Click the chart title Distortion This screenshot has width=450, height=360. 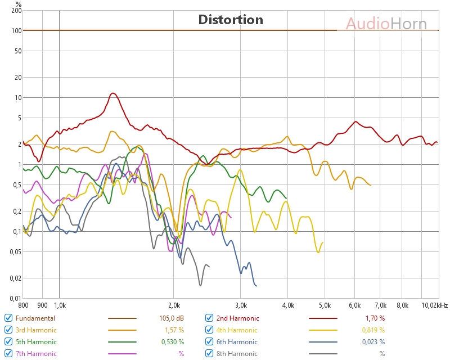(x=231, y=20)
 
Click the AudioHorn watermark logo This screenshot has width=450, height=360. (x=386, y=24)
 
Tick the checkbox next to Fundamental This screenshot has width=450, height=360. (x=8, y=318)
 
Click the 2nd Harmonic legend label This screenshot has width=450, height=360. (x=238, y=318)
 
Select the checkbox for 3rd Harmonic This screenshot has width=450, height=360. (x=8, y=330)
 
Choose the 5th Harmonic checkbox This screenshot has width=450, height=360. (x=8, y=341)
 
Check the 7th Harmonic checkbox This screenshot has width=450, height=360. (x=8, y=353)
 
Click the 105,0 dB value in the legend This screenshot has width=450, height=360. (x=172, y=318)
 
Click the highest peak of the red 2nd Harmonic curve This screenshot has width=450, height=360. (x=113, y=93)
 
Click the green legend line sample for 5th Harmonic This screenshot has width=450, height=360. (x=122, y=342)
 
